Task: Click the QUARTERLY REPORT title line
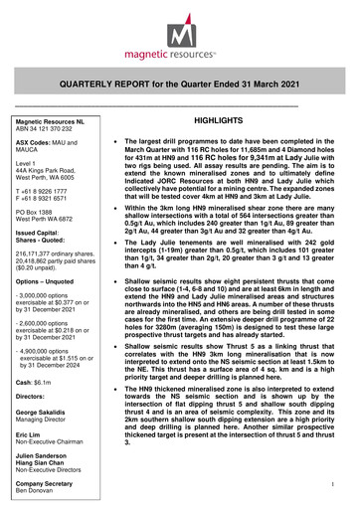pos(179,85)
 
